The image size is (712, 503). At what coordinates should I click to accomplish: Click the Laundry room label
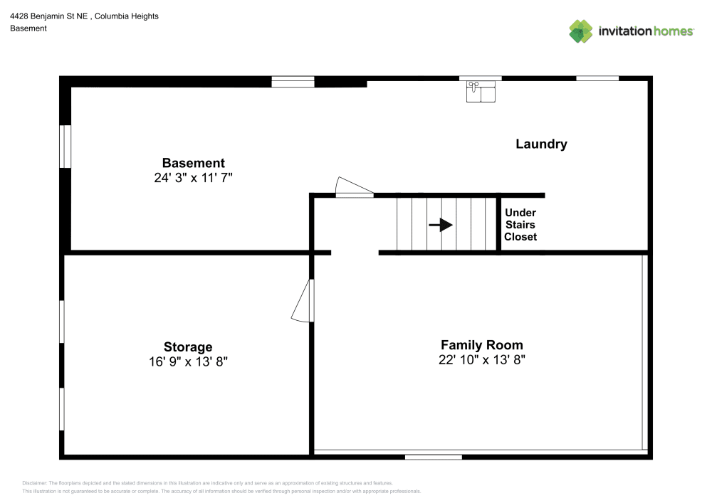[x=541, y=144]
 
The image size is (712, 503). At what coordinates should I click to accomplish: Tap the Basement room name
[x=194, y=163]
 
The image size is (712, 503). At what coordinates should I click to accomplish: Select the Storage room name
[x=188, y=347]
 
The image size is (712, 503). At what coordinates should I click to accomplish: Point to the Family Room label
[x=482, y=345]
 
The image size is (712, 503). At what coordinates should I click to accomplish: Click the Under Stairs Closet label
[x=520, y=225]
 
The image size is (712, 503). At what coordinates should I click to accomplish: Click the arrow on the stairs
[x=441, y=225]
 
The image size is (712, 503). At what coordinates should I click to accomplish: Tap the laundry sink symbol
[x=481, y=92]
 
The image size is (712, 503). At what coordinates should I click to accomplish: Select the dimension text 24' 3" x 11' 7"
[x=193, y=178]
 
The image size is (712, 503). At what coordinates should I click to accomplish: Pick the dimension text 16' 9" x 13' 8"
[x=188, y=361]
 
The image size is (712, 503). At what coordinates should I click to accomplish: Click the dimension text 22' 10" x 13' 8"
[x=482, y=360]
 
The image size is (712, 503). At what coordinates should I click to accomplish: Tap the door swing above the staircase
[x=354, y=187]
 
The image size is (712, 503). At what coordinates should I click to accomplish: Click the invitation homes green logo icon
[x=581, y=31]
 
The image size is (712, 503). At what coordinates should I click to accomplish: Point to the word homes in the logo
[x=673, y=31]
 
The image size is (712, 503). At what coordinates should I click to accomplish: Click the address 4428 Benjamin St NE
[x=48, y=16]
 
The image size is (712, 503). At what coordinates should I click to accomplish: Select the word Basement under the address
[x=28, y=28]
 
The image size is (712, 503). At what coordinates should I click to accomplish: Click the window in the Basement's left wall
[x=66, y=147]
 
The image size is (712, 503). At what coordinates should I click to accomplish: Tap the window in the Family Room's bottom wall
[x=433, y=457]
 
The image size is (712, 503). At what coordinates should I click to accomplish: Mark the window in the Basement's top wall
[x=293, y=82]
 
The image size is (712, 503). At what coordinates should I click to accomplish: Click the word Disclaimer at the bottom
[x=34, y=483]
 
